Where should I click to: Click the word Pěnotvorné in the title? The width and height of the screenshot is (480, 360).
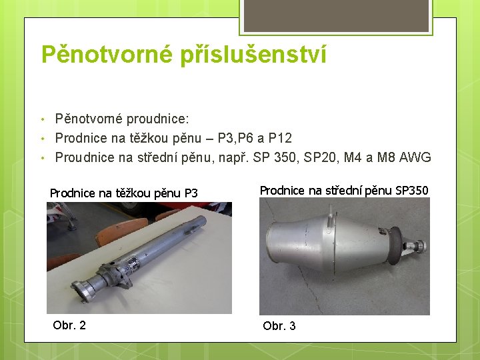106,55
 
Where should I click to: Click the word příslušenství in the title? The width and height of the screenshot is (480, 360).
253,55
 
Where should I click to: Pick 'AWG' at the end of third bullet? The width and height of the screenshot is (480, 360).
417,158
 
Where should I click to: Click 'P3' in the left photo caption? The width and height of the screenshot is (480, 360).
191,193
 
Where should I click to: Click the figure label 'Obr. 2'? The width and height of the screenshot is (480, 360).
69,325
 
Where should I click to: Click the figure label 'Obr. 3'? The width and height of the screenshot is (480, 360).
279,326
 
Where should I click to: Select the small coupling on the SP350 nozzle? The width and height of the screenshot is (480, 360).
419,247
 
